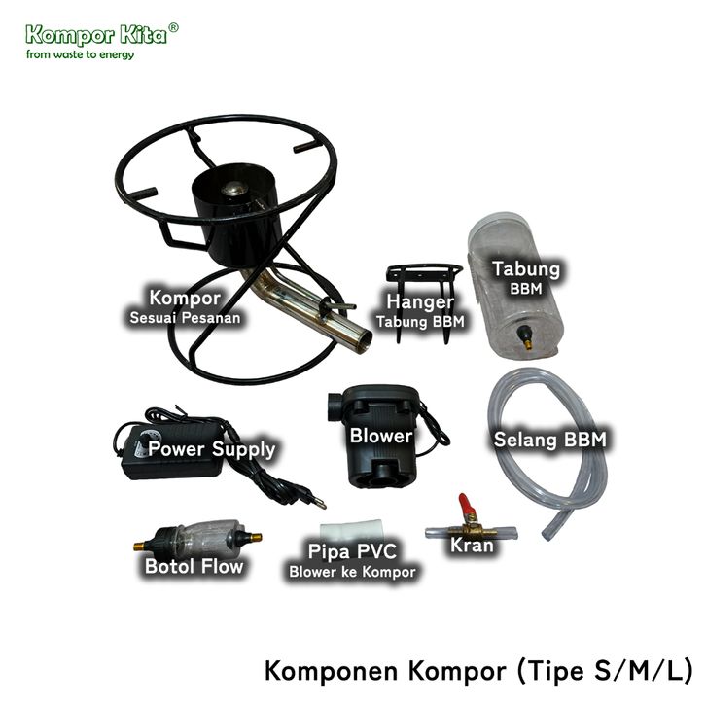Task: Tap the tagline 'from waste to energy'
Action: (80, 54)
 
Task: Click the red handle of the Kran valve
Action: (466, 503)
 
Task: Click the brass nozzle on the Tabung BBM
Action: (527, 341)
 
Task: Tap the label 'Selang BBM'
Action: (549, 440)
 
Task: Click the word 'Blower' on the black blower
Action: (380, 436)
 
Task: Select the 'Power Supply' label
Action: (211, 449)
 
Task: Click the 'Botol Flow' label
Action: (194, 565)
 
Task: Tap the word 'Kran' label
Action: (471, 547)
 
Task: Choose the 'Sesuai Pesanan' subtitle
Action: (184, 317)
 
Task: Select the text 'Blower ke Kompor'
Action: (351, 573)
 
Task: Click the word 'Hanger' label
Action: (420, 302)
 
